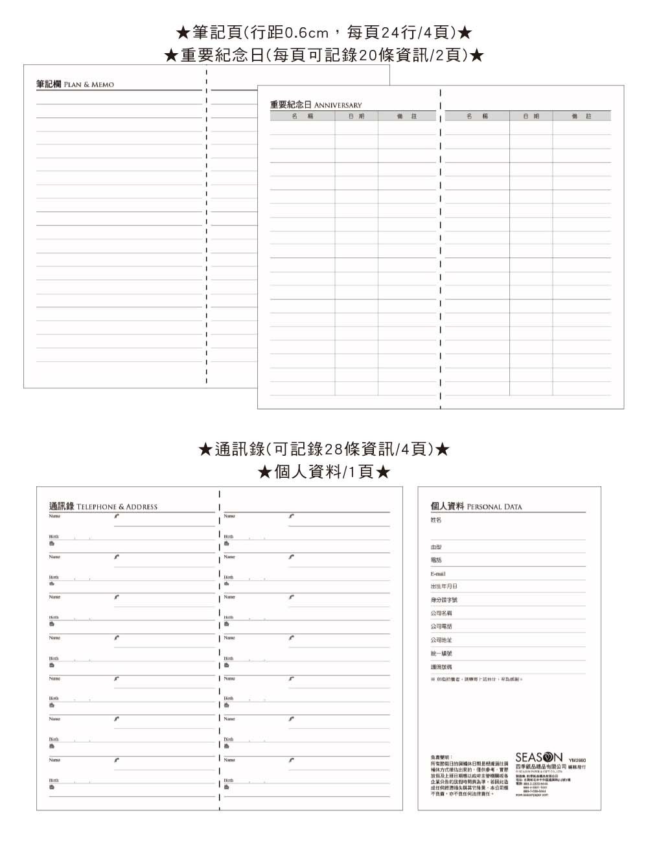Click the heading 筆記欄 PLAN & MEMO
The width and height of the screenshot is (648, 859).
[75, 84]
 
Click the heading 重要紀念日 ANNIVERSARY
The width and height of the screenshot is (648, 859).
[316, 104]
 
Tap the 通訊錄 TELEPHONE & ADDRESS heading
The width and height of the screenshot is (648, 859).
[104, 506]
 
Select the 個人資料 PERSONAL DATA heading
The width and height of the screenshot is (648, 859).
[476, 506]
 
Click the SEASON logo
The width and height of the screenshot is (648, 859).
[539, 757]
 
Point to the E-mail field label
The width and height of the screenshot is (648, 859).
[438, 574]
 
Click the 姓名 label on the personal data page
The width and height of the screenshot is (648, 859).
[436, 520]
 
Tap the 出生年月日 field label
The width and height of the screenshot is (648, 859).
[444, 586]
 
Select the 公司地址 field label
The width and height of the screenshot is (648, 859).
[441, 640]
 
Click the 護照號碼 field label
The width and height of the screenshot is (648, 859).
[441, 666]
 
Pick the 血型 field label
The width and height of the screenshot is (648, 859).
[436, 547]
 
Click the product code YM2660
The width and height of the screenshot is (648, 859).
[577, 760]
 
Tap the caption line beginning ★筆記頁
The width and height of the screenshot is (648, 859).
[324, 32]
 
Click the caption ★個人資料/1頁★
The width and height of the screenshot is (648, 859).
[324, 471]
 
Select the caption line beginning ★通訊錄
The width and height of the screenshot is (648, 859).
[324, 449]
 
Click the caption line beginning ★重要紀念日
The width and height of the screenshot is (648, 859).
[324, 55]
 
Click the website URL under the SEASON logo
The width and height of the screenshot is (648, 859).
[532, 795]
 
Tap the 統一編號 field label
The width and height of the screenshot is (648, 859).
[441, 653]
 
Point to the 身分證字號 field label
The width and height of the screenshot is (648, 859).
[444, 600]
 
